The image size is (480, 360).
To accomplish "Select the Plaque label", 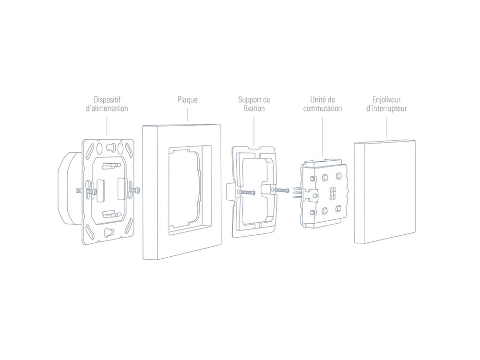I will [187, 100].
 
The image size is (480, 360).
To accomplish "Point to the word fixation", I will [254, 108].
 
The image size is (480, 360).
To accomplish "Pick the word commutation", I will [323, 108].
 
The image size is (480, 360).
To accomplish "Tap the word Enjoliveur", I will [386, 99].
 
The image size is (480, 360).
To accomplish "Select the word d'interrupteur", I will [386, 108].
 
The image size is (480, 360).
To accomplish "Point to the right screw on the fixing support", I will [281, 190].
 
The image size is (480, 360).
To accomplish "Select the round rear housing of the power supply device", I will [67, 187].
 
